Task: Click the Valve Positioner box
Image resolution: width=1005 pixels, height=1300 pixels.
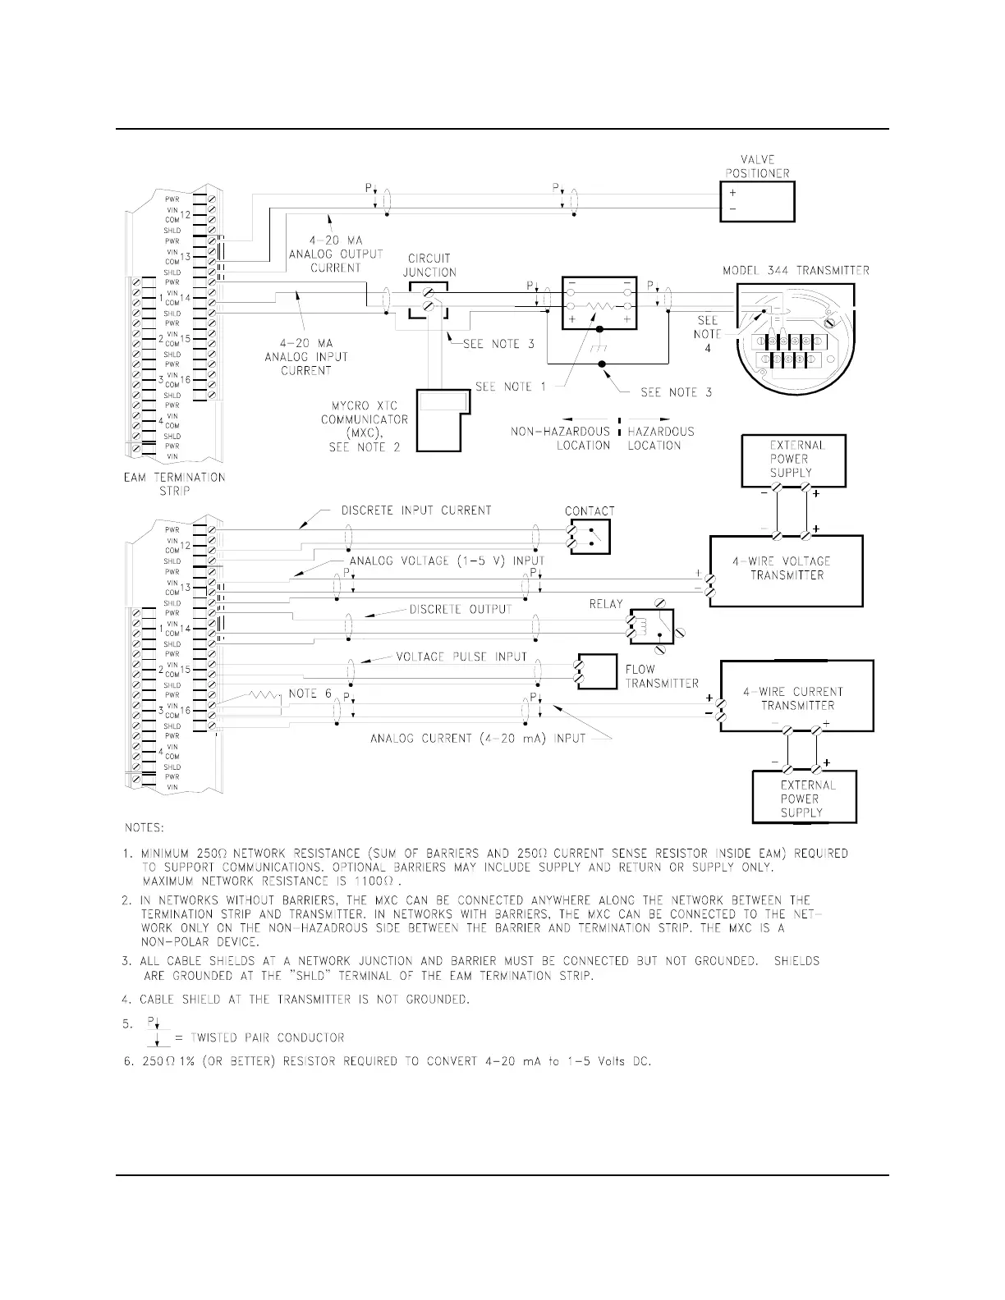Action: click(x=757, y=201)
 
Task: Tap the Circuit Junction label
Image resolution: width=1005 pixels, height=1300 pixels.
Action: click(x=429, y=265)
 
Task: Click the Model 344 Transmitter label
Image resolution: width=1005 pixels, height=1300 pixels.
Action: click(x=796, y=270)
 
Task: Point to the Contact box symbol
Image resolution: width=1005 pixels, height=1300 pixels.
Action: click(x=590, y=537)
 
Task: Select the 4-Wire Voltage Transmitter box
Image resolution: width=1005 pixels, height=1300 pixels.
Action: click(x=786, y=570)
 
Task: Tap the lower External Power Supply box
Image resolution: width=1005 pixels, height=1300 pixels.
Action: click(x=804, y=798)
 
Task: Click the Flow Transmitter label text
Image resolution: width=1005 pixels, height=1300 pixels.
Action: click(x=661, y=676)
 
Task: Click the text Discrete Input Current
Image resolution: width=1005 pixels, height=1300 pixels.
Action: click(x=416, y=510)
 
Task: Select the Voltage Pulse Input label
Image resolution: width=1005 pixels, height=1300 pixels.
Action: click(x=461, y=657)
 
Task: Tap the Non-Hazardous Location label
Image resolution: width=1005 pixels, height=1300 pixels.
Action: click(x=561, y=438)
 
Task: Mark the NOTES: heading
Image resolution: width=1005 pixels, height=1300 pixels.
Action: click(x=143, y=826)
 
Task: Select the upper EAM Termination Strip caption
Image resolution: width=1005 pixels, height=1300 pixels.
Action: click(x=174, y=484)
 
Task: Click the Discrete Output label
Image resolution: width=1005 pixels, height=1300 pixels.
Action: click(x=460, y=609)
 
